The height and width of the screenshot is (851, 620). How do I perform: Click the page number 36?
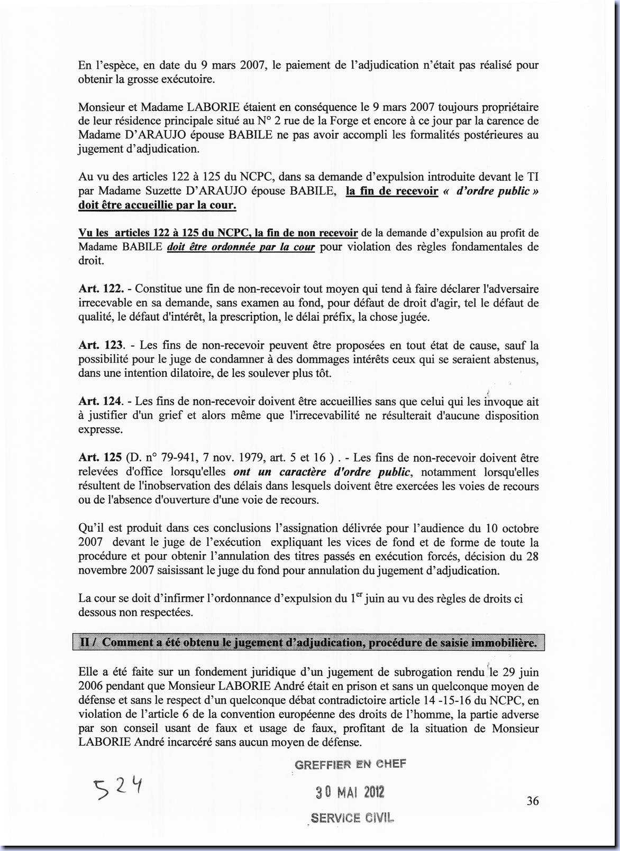click(x=533, y=801)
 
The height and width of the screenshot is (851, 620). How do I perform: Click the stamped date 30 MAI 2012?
click(x=350, y=791)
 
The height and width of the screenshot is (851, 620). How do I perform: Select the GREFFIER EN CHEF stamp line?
click(x=350, y=764)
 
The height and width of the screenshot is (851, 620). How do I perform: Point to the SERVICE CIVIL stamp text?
click(x=352, y=818)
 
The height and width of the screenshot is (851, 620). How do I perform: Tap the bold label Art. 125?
click(x=100, y=458)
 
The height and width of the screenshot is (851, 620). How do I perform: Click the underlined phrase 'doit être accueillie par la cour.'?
click(x=157, y=205)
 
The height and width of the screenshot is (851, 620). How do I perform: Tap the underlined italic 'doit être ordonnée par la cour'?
click(x=241, y=247)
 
